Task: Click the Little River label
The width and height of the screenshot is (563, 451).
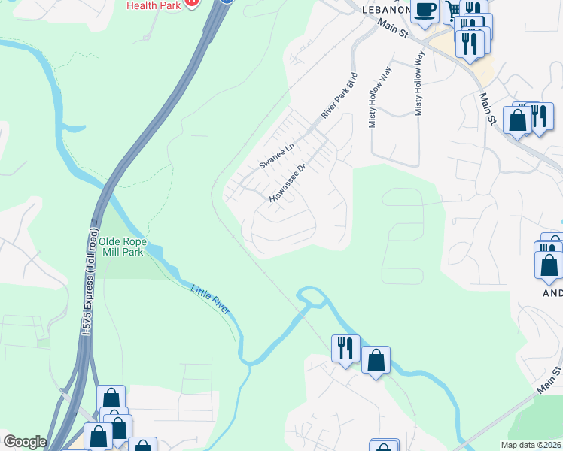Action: (x=210, y=300)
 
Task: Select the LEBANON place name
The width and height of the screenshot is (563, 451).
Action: (x=386, y=10)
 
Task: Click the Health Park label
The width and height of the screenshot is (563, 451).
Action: (x=154, y=5)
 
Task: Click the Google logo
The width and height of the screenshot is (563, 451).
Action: (x=24, y=441)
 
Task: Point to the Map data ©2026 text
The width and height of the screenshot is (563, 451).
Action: (x=531, y=445)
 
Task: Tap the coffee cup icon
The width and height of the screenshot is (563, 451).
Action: (x=425, y=10)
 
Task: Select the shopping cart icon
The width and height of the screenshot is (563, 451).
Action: (x=452, y=11)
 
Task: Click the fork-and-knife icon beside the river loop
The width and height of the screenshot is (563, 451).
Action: (x=345, y=348)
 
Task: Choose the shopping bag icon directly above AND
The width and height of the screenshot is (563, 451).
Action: (x=549, y=265)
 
